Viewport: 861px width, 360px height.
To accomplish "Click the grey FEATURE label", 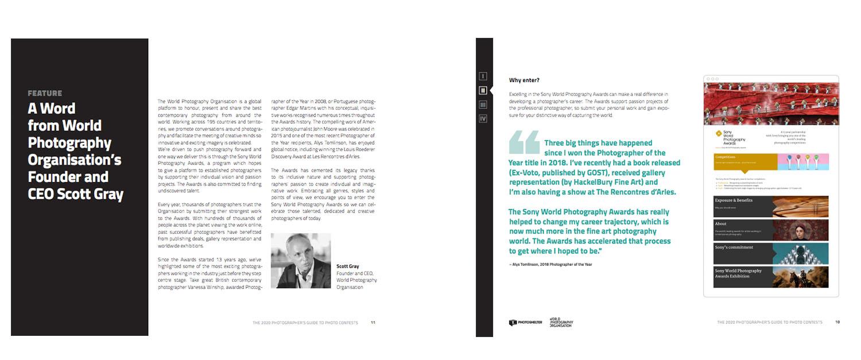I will [45, 93].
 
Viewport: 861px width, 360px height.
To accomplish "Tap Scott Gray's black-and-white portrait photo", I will [300, 260].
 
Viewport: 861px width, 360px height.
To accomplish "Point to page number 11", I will [373, 323].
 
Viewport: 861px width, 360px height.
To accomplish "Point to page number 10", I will [837, 322].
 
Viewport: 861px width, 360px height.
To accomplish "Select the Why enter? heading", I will [524, 80].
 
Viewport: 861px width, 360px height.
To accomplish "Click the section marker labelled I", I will [483, 76].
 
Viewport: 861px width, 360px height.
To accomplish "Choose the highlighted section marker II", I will [483, 90].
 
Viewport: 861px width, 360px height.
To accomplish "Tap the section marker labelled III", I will [483, 104].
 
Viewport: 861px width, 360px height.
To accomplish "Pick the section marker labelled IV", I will [483, 119].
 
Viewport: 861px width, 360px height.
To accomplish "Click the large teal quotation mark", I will [524, 142].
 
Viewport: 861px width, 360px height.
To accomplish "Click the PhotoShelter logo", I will [525, 323].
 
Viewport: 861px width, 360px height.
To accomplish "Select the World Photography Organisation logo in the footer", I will [561, 323].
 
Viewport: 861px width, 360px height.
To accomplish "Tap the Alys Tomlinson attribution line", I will [550, 264].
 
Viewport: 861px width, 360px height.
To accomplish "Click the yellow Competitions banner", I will [745, 161].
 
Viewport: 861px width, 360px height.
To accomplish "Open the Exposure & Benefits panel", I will [770, 207].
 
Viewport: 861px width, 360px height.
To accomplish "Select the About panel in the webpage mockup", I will [770, 230].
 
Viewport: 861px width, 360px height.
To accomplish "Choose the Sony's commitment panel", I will [770, 253].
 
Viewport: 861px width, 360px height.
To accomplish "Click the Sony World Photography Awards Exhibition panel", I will [770, 277].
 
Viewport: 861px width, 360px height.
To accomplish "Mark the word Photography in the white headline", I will [69, 142].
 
